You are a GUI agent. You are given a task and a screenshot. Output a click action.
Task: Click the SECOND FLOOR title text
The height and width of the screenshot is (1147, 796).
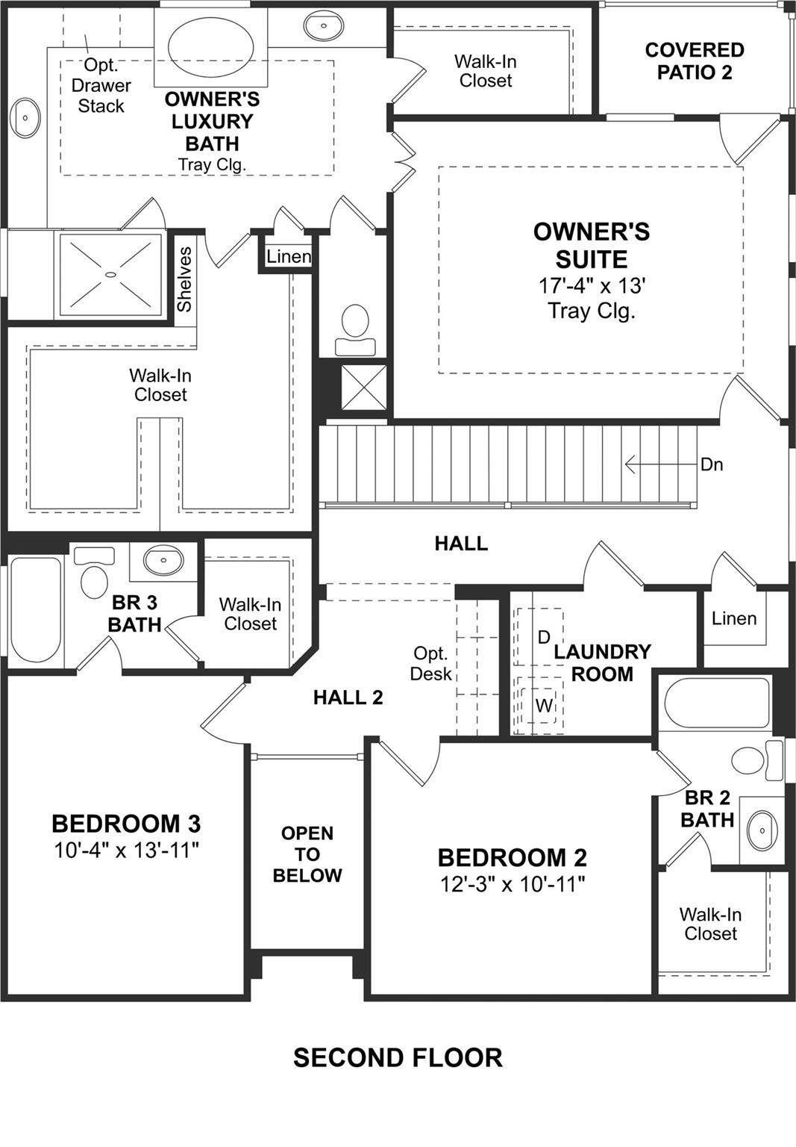398,1057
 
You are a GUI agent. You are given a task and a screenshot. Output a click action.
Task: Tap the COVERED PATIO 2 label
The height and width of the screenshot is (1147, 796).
694,61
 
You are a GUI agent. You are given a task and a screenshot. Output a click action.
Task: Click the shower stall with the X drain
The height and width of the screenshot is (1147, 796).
110,275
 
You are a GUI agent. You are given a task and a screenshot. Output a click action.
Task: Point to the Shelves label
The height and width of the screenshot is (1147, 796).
184,279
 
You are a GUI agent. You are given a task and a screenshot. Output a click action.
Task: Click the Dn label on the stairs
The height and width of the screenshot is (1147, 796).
711,464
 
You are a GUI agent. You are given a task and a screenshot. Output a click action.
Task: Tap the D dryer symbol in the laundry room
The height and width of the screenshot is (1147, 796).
544,637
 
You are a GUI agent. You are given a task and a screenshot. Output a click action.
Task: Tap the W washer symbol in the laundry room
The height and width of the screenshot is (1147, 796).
544,705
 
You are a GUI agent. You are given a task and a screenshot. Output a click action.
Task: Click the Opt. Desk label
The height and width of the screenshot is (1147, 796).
431,663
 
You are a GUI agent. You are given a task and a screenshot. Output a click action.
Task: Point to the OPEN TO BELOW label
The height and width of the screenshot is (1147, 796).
307,854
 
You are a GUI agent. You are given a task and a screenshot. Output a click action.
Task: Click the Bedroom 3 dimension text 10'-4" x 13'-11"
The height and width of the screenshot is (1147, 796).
126,850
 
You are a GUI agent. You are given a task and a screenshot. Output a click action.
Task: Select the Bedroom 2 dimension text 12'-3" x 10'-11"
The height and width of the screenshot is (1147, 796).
512,884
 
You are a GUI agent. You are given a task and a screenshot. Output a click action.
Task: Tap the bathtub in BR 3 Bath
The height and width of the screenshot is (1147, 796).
35,609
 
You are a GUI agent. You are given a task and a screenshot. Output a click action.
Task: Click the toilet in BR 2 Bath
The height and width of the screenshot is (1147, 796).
749,760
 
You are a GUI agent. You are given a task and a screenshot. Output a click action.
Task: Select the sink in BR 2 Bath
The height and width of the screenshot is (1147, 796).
762,830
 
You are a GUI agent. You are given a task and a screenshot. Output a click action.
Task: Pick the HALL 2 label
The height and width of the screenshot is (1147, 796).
348,697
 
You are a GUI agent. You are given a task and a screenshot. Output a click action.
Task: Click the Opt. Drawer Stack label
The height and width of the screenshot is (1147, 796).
101,86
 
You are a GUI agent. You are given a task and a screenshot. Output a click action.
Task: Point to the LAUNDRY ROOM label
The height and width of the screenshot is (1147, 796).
601,662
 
